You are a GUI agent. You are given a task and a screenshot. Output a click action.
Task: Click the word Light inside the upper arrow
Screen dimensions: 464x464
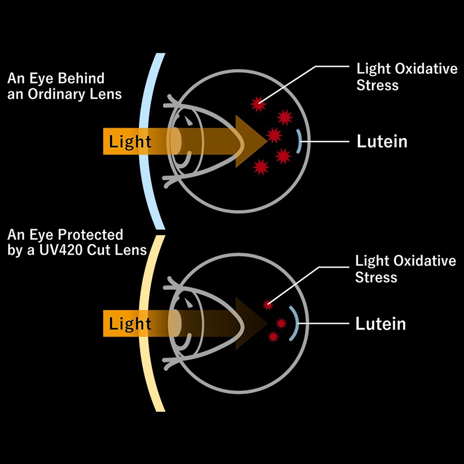coord(130,142)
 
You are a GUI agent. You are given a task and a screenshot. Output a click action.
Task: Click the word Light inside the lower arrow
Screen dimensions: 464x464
coord(130,323)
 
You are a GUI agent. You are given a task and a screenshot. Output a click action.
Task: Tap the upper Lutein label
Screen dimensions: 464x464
coord(381,142)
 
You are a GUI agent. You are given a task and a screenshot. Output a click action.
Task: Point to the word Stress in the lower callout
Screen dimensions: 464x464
coord(376,277)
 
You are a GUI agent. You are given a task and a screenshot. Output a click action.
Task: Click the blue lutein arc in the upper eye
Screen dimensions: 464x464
coord(299,141)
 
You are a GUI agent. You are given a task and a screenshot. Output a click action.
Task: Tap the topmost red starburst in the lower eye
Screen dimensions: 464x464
coord(267,304)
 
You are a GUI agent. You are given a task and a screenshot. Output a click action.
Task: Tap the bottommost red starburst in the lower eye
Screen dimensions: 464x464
coord(273,336)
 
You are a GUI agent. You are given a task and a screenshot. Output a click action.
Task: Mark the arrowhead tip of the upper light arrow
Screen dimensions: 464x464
coord(266,135)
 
